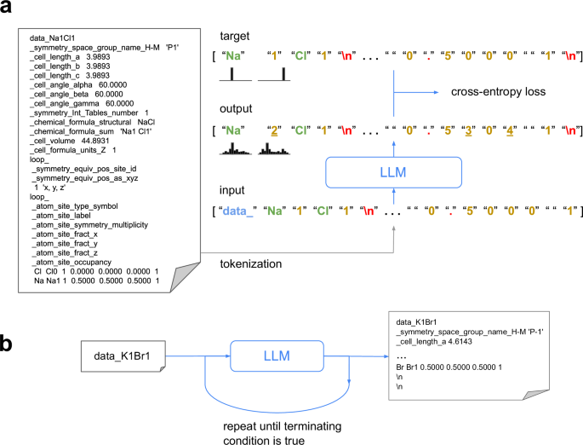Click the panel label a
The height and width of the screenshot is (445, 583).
pyautogui.click(x=9, y=9)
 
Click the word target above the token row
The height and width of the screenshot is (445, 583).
pyautogui.click(x=236, y=36)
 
